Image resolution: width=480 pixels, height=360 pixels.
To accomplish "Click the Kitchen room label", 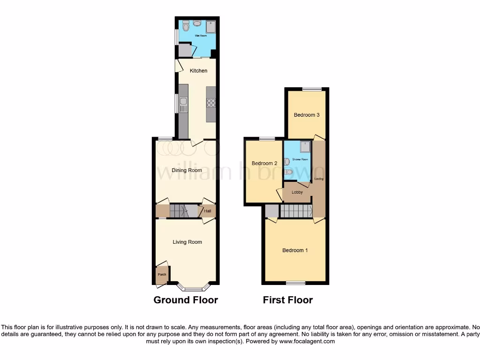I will coord(198,71).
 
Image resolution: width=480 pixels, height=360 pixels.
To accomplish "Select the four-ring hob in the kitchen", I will coord(211,103).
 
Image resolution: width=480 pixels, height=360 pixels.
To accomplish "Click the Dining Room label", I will coord(187,170).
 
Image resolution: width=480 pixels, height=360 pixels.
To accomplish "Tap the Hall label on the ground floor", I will coord(208,211).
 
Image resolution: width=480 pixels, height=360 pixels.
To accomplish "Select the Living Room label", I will coord(187,242).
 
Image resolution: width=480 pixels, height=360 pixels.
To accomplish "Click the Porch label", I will coord(162,274).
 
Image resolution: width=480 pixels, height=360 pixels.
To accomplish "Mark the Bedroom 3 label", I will coord(307,115).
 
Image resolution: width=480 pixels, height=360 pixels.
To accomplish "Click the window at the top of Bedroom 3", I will coord(308,89).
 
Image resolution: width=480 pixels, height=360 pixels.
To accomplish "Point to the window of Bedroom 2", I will coord(267,138).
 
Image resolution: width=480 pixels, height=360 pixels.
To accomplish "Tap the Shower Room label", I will coord(300,159).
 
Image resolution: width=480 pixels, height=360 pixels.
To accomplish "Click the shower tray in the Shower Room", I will coord(306,146).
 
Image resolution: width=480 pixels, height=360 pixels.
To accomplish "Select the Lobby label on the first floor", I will coord(297,192).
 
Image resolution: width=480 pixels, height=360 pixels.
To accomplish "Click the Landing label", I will coord(319,179).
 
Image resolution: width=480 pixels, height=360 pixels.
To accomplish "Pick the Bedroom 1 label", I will coord(295,250).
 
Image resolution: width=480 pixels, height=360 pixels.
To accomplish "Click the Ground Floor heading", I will coord(186,300).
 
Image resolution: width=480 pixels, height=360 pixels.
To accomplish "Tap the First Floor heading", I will coord(288,300).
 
